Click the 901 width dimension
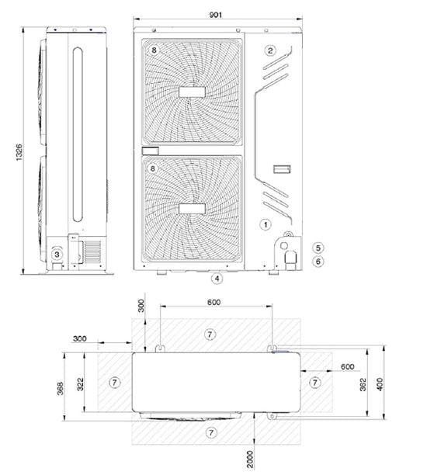click(x=216, y=15)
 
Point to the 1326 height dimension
click(x=19, y=152)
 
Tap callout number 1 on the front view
click(x=266, y=225)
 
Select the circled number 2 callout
click(x=270, y=50)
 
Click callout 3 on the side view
click(x=57, y=255)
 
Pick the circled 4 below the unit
click(x=217, y=279)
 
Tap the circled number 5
click(x=318, y=248)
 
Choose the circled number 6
click(x=318, y=261)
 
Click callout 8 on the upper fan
click(x=154, y=50)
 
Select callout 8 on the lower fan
click(x=153, y=168)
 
